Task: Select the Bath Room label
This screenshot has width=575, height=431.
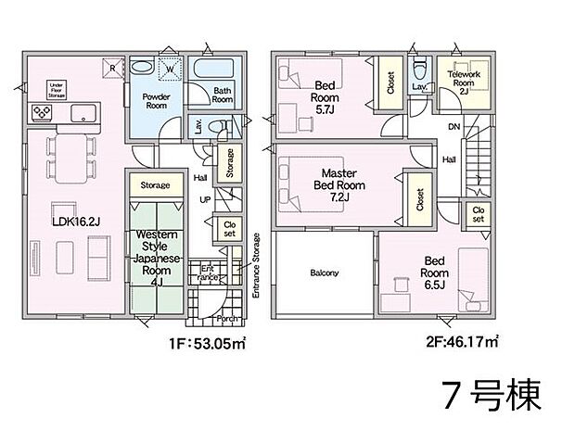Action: tap(224, 95)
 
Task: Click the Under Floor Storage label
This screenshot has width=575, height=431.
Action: tap(57, 89)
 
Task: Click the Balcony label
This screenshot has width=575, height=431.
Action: tap(324, 273)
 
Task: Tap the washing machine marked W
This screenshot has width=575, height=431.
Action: tap(171, 68)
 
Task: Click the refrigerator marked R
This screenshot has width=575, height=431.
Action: tap(112, 68)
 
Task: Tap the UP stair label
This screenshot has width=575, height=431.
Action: tap(204, 199)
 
